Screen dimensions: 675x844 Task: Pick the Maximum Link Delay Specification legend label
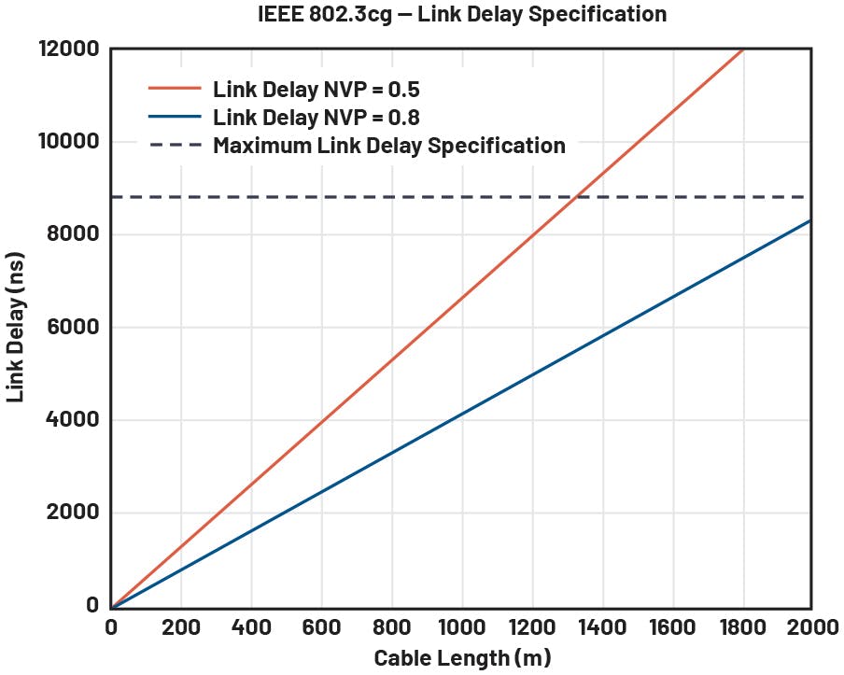[x=388, y=146]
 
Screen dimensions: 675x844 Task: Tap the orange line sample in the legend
[x=175, y=90]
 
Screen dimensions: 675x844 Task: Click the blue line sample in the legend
[x=175, y=118]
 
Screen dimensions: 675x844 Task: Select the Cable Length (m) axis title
[x=462, y=658]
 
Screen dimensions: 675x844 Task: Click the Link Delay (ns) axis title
[x=16, y=327]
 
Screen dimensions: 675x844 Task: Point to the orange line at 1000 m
[x=462, y=299]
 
